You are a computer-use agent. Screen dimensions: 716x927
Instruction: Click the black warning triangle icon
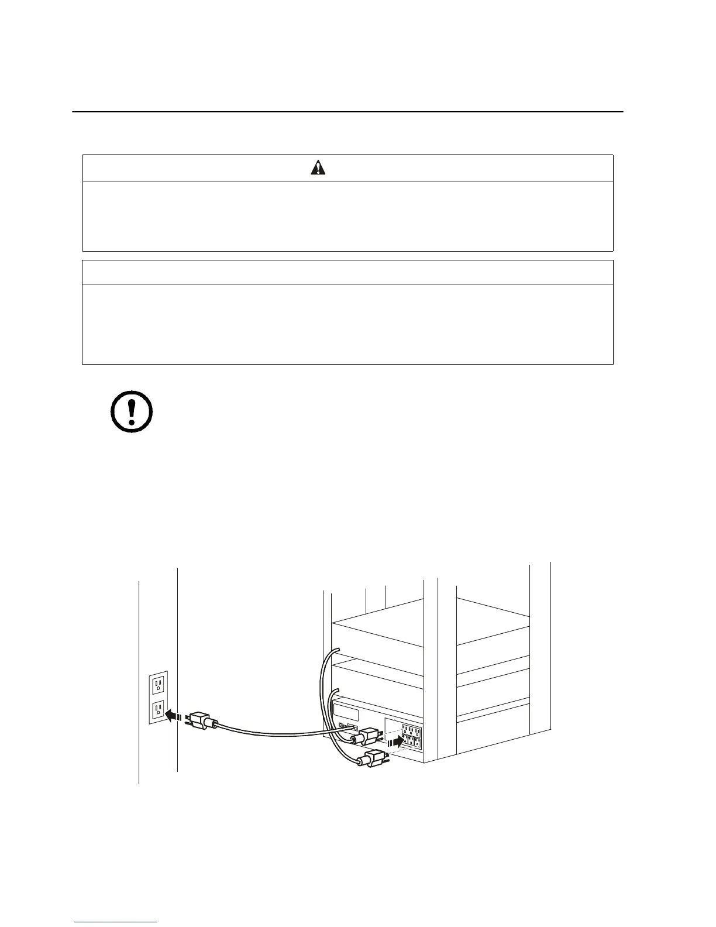click(318, 168)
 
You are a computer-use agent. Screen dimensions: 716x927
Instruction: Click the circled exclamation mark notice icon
click(132, 411)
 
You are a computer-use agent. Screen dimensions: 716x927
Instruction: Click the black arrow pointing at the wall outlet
click(173, 715)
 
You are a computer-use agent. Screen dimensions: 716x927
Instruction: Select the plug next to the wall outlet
click(201, 721)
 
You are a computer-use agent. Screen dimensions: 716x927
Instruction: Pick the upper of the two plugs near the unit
click(369, 735)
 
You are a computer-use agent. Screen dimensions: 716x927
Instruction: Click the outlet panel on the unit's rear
click(411, 739)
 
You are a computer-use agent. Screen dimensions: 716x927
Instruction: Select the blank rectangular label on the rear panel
click(346, 713)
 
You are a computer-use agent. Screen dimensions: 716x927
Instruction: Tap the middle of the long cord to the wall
click(275, 731)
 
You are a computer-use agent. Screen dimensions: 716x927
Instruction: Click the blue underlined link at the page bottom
click(116, 923)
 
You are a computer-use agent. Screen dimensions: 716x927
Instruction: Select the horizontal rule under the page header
click(347, 111)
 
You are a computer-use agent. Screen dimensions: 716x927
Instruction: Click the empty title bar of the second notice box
click(347, 272)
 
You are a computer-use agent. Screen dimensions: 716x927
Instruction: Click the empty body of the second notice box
click(347, 324)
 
